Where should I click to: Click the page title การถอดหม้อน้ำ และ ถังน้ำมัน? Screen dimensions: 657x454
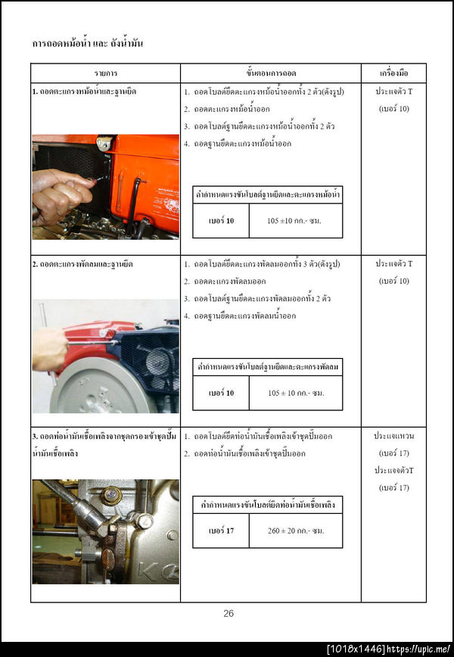pos(88,43)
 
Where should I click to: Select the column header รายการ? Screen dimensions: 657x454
pos(105,73)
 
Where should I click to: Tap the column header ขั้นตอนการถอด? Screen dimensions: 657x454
pos(270,73)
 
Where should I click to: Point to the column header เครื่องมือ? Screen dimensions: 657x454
pos(393,73)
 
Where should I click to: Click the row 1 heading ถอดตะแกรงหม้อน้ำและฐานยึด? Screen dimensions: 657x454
pos(84,91)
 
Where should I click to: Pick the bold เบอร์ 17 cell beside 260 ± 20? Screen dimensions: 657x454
pos(220,531)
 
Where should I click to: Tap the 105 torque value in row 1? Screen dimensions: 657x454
pos(295,220)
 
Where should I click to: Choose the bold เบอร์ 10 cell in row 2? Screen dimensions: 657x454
pos(220,393)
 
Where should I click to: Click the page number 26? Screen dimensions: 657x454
pos(228,613)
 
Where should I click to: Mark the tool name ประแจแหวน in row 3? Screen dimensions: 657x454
pos(393,437)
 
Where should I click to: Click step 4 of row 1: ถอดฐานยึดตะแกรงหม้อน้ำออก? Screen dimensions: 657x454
pos(242,143)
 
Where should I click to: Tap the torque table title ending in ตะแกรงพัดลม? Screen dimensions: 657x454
pos(267,366)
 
